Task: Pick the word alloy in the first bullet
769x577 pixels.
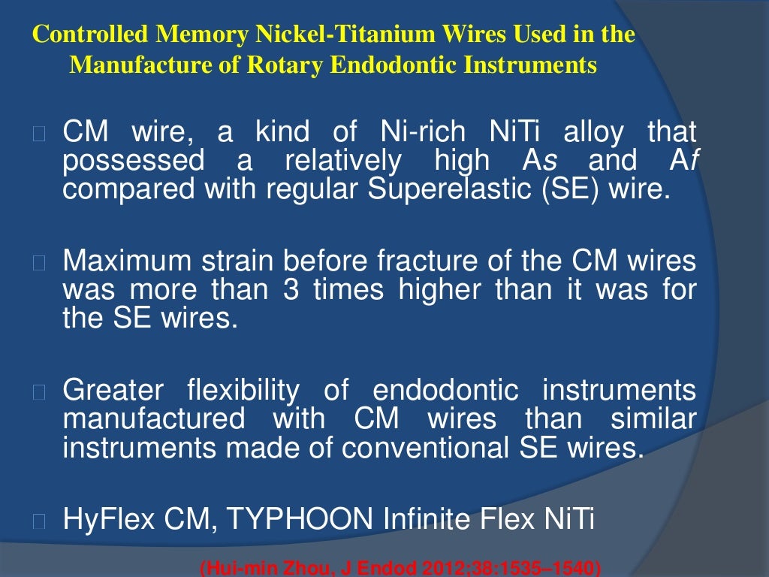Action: pyautogui.click(x=593, y=133)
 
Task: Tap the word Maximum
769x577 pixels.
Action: pyautogui.click(x=127, y=261)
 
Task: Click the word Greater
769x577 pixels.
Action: pyautogui.click(x=113, y=391)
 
